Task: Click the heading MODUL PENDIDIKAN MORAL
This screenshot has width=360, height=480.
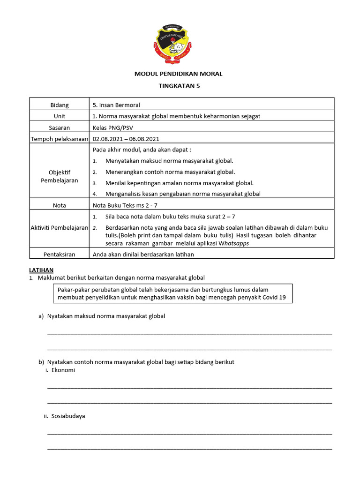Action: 179,74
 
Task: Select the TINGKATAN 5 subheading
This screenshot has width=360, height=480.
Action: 179,86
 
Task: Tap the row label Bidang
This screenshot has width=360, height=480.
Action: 60,105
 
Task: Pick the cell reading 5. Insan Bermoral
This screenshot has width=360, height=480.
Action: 116,105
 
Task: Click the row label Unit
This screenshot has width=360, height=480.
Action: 60,116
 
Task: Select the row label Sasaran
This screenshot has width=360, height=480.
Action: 60,127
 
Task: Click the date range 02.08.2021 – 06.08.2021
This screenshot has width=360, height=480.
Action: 126,139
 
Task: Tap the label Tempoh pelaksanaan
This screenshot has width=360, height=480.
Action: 60,139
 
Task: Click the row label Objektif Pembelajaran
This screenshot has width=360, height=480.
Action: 60,176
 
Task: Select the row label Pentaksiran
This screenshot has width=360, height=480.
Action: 60,254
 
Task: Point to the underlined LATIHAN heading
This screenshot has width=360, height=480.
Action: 41,270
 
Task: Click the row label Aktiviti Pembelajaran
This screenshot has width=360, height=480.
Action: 60,228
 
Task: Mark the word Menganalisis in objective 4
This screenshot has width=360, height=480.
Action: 125,194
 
